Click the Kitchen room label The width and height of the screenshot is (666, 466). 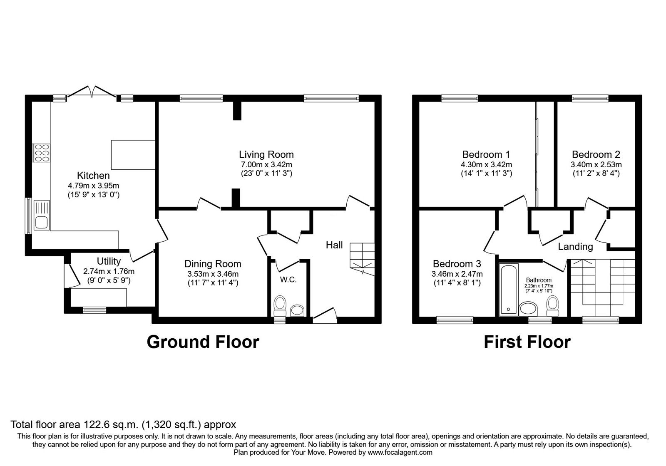click(x=93, y=175)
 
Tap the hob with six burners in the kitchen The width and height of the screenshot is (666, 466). click(x=41, y=153)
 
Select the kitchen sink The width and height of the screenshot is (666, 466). click(x=42, y=215)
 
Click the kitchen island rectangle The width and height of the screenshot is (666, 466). click(x=133, y=155)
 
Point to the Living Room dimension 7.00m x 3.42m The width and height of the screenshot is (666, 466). click(x=266, y=164)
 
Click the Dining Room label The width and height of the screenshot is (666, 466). click(x=213, y=264)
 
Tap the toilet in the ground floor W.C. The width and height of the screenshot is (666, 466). click(x=280, y=305)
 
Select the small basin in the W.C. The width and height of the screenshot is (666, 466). click(x=297, y=310)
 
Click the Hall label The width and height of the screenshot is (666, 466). click(x=334, y=245)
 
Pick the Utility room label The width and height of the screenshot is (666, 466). click(x=109, y=261)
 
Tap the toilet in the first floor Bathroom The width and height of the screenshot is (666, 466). click(x=553, y=306)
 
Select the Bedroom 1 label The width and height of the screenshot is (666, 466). click(x=486, y=154)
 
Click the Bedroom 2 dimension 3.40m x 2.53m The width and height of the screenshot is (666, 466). click(x=596, y=164)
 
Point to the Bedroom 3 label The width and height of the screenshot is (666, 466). click(x=457, y=264)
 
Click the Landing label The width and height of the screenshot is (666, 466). click(x=575, y=246)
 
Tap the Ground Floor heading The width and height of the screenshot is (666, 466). click(x=203, y=342)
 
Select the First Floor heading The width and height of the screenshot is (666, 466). click(x=527, y=342)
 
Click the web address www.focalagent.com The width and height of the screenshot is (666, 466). click(x=400, y=452)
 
